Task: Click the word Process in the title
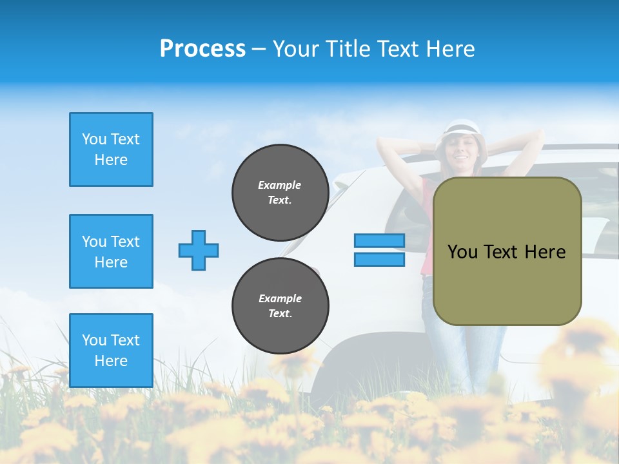pos(202,49)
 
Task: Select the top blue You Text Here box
pos(111,150)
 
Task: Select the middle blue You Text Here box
pos(111,251)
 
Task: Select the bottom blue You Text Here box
pos(111,351)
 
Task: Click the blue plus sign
pos(199,250)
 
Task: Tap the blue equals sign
pos(379,250)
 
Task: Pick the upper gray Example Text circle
pos(280,193)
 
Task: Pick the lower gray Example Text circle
pos(280,306)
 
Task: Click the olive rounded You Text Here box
pos(507,251)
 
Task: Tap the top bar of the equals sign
pos(379,241)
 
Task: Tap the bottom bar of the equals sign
pos(379,260)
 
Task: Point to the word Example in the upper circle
pos(280,185)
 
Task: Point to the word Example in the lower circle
pos(280,298)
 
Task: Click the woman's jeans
pos(464,348)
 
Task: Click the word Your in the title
pos(297,49)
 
